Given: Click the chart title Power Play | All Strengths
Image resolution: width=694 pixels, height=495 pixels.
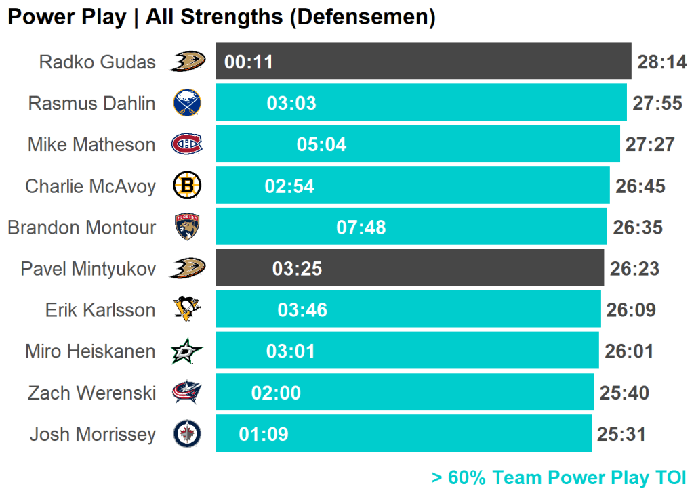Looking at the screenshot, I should tap(221, 17).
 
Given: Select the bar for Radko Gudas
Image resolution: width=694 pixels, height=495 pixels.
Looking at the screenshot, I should tap(424, 62).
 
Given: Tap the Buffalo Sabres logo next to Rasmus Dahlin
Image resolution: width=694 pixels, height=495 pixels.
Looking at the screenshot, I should tap(186, 103).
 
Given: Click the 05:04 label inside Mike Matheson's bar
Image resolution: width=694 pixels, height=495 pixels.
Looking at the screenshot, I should tap(321, 144).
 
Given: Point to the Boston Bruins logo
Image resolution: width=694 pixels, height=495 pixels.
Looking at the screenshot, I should tap(186, 186).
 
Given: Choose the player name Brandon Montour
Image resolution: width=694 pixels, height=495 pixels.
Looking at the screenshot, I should tap(81, 227).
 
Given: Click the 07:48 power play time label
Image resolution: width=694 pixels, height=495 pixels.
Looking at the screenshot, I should tap(361, 227).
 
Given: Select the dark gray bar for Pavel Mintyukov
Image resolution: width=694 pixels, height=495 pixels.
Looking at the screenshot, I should tap(409, 268).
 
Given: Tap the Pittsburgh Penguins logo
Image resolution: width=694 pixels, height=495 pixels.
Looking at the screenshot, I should tap(186, 309).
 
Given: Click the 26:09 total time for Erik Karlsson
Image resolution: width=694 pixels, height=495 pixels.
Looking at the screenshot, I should tap(631, 310).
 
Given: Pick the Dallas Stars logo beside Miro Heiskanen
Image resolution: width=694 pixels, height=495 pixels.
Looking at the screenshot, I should tap(186, 351).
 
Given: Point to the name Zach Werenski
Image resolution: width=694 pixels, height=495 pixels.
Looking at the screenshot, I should tap(91, 393).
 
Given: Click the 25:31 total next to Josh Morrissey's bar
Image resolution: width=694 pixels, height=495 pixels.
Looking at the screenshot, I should tap(621, 434).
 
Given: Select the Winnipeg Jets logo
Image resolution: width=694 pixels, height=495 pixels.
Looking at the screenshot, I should tap(186, 434).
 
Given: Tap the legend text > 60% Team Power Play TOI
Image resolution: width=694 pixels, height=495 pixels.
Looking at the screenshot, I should tap(558, 477).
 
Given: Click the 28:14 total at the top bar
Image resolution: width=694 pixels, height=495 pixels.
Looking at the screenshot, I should tap(662, 62).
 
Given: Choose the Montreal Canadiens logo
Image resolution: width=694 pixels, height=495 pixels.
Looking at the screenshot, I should tap(186, 144).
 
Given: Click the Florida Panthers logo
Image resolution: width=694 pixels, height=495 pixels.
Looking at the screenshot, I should tap(186, 227).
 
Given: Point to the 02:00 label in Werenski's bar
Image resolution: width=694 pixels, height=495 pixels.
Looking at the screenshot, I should tap(276, 393).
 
